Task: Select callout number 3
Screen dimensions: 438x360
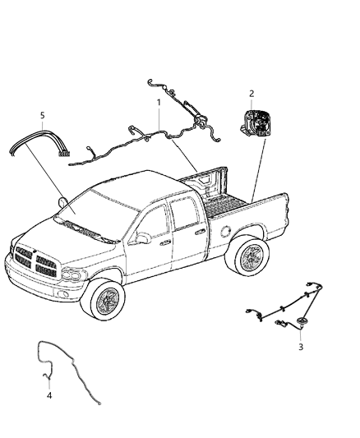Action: coord(301,347)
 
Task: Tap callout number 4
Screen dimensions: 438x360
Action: coord(50,395)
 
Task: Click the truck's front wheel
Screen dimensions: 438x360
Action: coord(108,302)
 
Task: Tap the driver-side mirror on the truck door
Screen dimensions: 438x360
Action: coord(143,238)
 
